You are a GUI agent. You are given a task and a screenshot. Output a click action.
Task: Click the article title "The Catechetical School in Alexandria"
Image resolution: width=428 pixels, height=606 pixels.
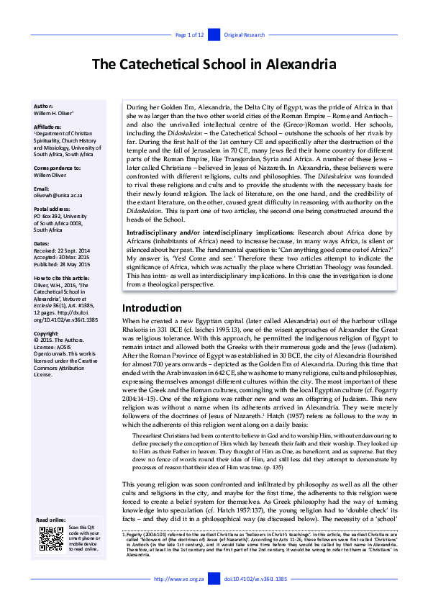click(x=214, y=64)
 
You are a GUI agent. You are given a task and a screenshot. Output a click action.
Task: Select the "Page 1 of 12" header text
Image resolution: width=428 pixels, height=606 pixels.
click(x=190, y=35)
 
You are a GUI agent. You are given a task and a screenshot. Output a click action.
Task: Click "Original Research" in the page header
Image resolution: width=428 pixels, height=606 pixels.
click(x=245, y=35)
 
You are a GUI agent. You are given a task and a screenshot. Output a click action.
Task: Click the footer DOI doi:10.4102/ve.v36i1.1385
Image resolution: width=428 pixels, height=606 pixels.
click(x=255, y=578)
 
